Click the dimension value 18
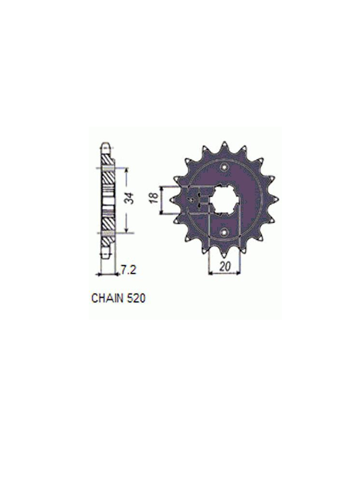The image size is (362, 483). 154,197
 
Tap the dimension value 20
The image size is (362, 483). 225,267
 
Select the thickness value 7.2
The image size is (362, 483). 128,270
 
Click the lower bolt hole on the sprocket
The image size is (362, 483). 224,231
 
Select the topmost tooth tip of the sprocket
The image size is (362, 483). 224,142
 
